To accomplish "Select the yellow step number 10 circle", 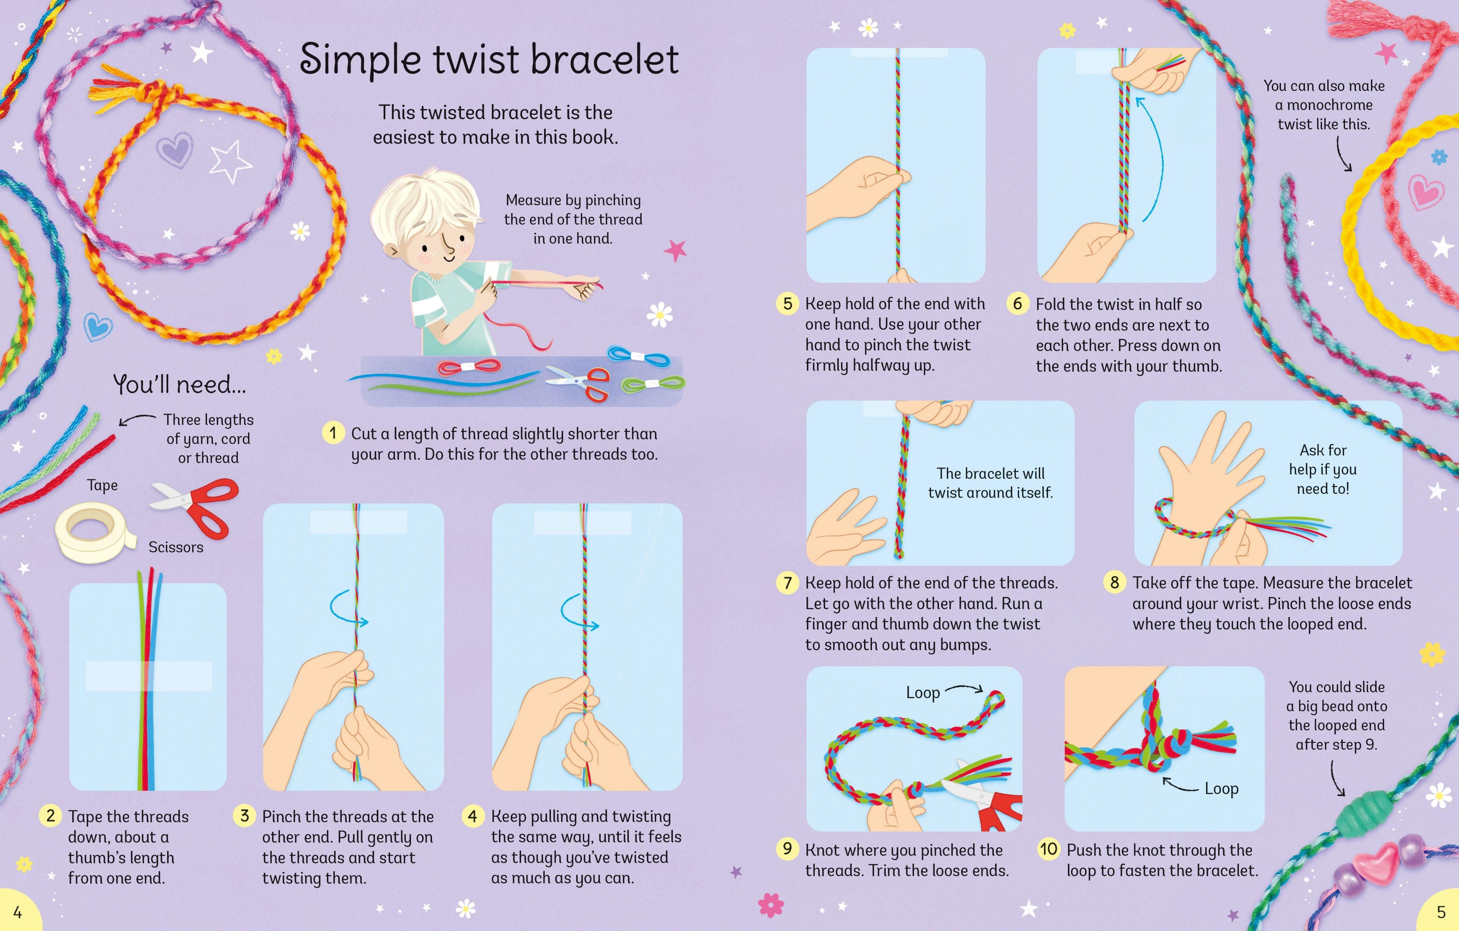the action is (1049, 849).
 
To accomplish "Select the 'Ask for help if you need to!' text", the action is (1323, 469).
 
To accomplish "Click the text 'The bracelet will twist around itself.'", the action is (990, 483).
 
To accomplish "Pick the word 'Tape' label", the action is (102, 485).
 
